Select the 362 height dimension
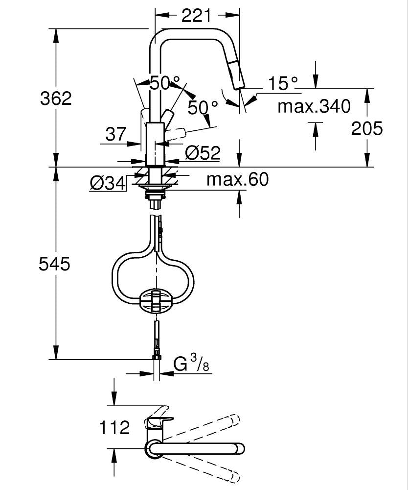[x=56, y=98]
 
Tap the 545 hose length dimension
[x=55, y=264]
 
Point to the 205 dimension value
[x=367, y=128]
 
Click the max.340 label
[x=314, y=106]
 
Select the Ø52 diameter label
[x=203, y=153]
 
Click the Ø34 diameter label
[x=107, y=183]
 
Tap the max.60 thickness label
[x=237, y=179]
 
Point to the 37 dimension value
[x=116, y=134]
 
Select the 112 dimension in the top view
[x=114, y=427]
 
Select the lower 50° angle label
[x=203, y=107]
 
